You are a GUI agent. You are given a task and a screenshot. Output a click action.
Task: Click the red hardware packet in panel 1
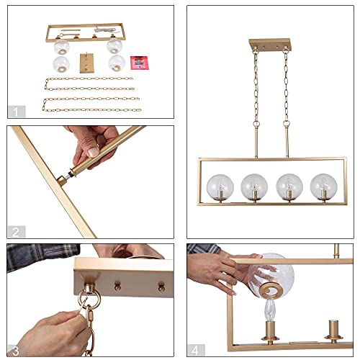click(140, 63)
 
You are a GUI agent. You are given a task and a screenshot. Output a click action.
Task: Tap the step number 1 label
click(16, 112)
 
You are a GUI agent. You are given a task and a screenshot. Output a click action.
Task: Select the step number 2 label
click(16, 232)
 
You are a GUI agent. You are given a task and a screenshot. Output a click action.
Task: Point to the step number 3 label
click(16, 351)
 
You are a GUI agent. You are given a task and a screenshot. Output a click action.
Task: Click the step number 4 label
click(195, 351)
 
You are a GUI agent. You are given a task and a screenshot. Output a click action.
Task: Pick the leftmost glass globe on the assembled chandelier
click(220, 187)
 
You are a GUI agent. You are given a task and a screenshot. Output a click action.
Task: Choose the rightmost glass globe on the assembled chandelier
click(324, 186)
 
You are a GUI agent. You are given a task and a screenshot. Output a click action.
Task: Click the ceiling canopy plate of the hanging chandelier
click(269, 45)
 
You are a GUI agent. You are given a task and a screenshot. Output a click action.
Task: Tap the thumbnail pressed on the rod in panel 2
click(93, 152)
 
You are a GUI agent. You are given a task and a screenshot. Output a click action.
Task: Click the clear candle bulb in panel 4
click(270, 310)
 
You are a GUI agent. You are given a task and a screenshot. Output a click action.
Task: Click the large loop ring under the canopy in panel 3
click(89, 299)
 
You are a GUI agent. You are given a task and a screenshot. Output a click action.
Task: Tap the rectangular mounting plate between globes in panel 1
click(87, 63)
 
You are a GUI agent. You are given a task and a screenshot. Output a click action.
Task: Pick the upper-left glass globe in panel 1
click(62, 47)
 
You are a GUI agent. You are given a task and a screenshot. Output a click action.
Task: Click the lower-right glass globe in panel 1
click(117, 63)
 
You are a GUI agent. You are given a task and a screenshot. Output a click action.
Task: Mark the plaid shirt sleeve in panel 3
click(42, 256)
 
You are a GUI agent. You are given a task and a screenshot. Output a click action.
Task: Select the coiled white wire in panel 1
click(107, 30)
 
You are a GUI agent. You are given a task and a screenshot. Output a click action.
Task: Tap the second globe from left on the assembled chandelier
click(254, 186)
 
